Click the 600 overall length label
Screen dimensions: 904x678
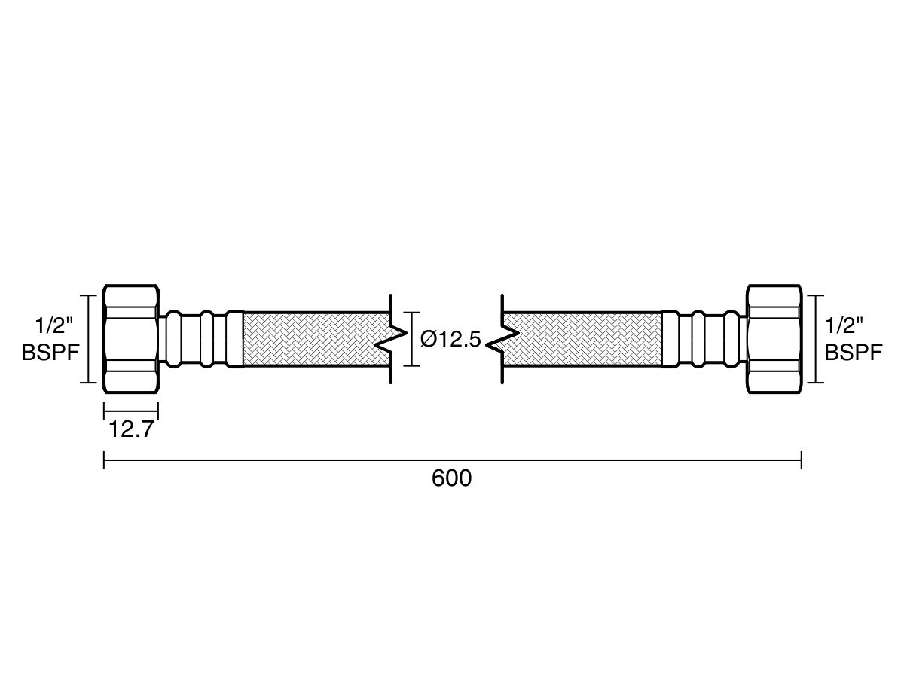click(x=451, y=478)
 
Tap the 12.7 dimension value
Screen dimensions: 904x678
click(x=131, y=429)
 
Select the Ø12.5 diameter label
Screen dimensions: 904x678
click(x=450, y=340)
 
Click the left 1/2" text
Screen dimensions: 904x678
click(x=54, y=326)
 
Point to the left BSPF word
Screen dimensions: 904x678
click(x=50, y=353)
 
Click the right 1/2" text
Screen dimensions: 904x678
click(x=844, y=326)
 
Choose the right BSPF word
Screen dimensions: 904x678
click(x=854, y=353)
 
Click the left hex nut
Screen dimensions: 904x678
click(x=131, y=338)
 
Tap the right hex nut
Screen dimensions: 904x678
click(x=774, y=338)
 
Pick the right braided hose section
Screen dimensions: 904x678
click(x=582, y=339)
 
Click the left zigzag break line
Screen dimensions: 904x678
click(x=390, y=339)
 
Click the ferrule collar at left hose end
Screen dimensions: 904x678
click(x=235, y=339)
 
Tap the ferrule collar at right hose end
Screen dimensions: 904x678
click(x=670, y=339)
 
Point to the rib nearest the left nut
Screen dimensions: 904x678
click(x=173, y=339)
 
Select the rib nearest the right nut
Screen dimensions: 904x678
click(x=731, y=339)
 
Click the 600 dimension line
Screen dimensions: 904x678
click(x=452, y=460)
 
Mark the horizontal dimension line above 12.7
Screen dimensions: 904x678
click(x=131, y=411)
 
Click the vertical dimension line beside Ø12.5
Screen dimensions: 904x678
click(x=412, y=339)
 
